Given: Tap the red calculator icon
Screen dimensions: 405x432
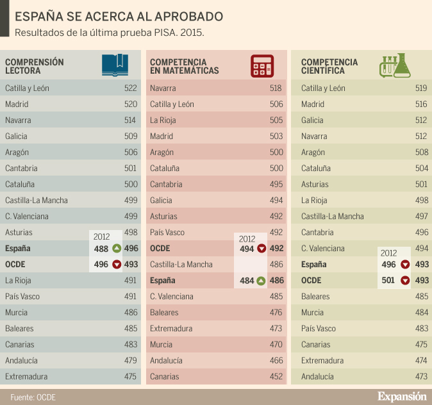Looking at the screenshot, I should tap(262, 65).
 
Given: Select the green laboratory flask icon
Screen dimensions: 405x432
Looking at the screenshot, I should tap(395, 65).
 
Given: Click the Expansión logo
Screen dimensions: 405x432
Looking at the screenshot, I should tap(401, 396).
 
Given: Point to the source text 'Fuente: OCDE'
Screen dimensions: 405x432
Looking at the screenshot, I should tap(33, 397).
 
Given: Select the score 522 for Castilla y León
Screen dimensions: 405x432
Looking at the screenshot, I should tap(130, 88).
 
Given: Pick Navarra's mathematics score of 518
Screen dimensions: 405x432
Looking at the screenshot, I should tap(276, 88).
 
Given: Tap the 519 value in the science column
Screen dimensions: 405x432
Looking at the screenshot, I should tap(421, 88).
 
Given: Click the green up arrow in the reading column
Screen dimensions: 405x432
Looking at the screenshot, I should tap(117, 249).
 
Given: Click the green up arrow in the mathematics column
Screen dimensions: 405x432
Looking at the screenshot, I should tap(261, 281).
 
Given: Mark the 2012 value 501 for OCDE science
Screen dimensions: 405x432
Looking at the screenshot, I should tap(388, 281).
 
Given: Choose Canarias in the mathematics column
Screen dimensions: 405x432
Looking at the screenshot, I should tap(164, 377).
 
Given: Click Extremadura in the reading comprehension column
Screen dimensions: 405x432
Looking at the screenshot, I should tap(26, 377).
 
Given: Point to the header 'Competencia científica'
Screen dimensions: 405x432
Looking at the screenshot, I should tap(329, 66).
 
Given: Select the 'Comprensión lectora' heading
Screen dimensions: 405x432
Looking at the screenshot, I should tap(35, 66).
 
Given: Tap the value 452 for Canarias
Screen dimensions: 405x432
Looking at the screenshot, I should tap(276, 377).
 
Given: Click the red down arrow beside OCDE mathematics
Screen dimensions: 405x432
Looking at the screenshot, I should tap(261, 249).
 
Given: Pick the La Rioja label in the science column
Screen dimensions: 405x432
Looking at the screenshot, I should tap(314, 201).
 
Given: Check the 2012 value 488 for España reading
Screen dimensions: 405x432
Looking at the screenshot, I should tap(101, 249).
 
